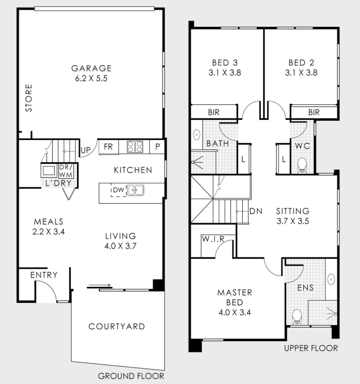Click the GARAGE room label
pos(91,68)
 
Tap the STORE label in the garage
pos(28,98)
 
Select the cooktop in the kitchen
pos(135,147)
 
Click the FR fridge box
pos(108,147)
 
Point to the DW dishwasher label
pos(119,190)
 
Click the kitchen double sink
pos(136,190)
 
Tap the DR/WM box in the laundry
pos(66,171)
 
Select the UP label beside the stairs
pos(85,150)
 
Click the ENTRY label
pos(44,275)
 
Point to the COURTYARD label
pos(117,327)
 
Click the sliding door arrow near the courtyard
pos(100,285)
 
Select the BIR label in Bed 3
pos(214,112)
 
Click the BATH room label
pos(217,143)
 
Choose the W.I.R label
pos(213,239)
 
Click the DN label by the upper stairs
pos(256,211)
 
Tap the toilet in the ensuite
pos(297,317)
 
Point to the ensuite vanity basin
pos(331,279)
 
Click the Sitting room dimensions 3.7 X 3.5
pos(293,221)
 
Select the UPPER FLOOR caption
pos(311,348)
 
